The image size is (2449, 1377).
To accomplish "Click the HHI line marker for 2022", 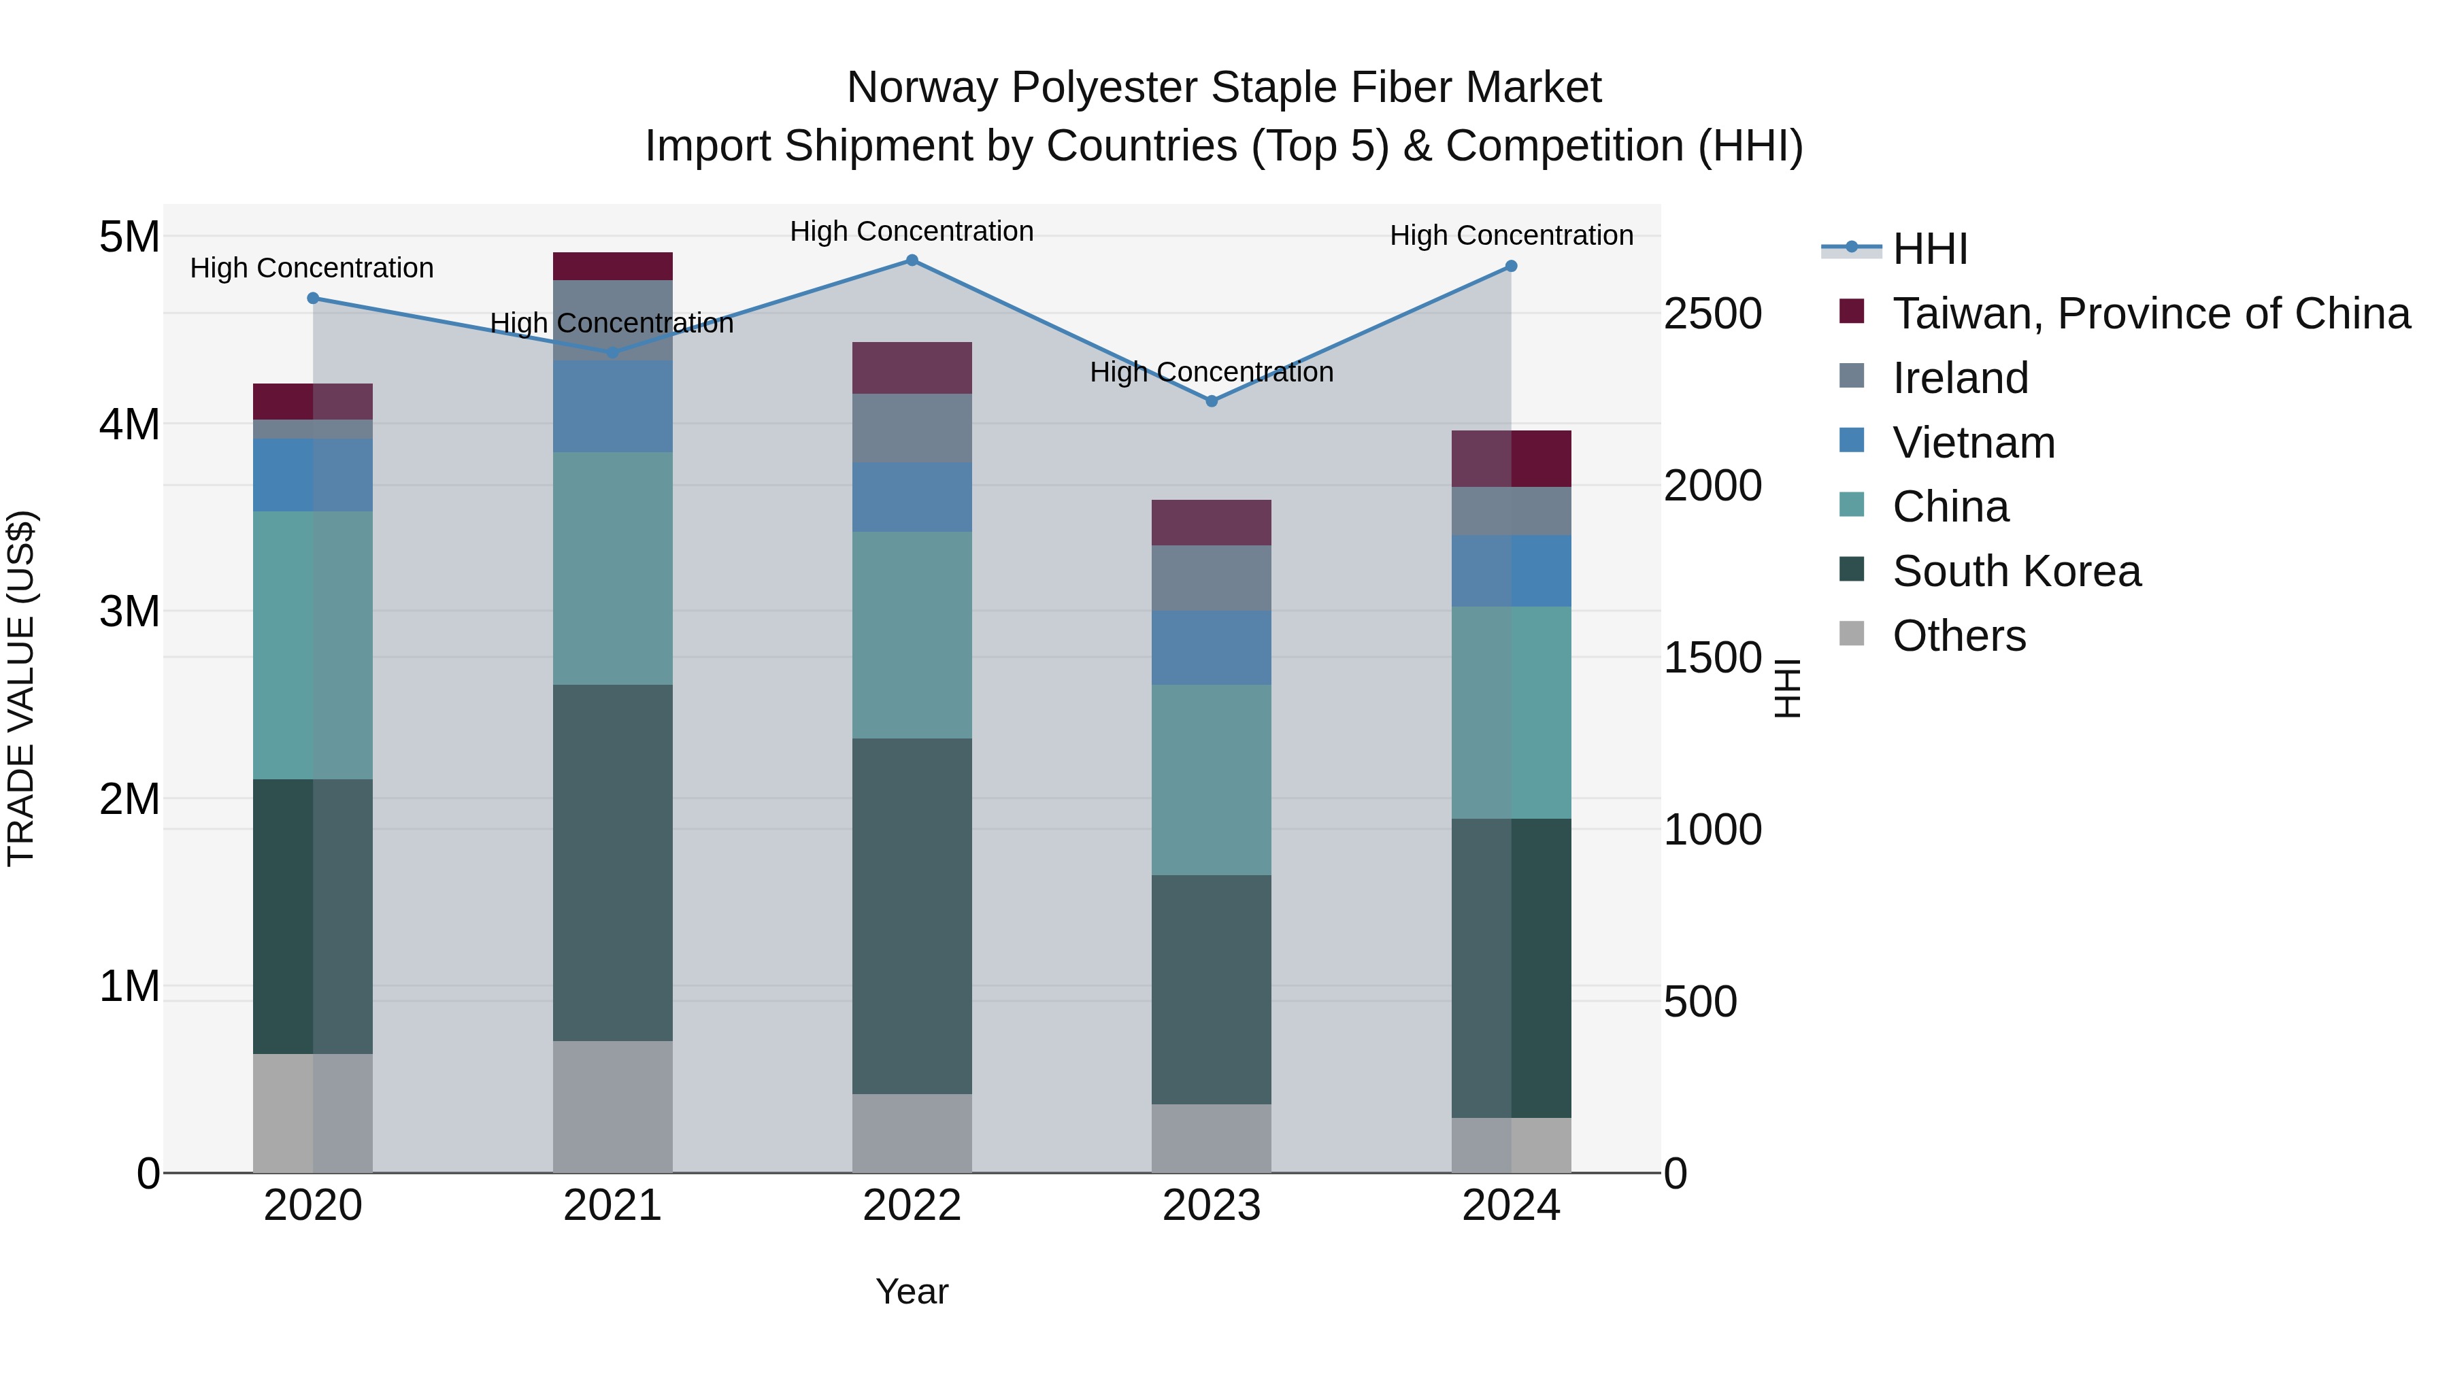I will coord(912,260).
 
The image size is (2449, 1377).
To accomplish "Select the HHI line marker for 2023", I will coord(1211,401).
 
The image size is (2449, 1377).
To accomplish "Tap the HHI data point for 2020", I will coord(313,299).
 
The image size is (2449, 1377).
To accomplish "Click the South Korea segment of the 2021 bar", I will coord(612,862).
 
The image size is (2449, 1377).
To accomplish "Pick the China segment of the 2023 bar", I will coord(1211,779).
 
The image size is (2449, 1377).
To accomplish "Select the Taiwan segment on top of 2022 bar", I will coord(912,368).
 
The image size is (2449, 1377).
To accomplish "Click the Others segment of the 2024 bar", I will coord(1511,1144).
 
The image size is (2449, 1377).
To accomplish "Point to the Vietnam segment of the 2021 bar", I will coord(612,406).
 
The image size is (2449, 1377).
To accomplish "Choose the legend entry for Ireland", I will coord(1961,378).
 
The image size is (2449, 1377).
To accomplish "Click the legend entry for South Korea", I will coord(2016,571).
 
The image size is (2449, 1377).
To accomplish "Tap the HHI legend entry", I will coord(1930,249).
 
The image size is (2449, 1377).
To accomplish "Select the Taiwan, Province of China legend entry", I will coord(2150,313).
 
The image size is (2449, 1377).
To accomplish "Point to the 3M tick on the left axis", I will coord(129,611).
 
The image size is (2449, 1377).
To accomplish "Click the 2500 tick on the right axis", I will coord(1712,313).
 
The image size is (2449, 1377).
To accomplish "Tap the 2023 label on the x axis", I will coord(1211,1206).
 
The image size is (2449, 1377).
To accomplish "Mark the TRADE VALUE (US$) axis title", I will coord(21,688).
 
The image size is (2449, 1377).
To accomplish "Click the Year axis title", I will coord(912,1291).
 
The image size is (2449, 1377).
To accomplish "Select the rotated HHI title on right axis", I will coord(1787,688).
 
